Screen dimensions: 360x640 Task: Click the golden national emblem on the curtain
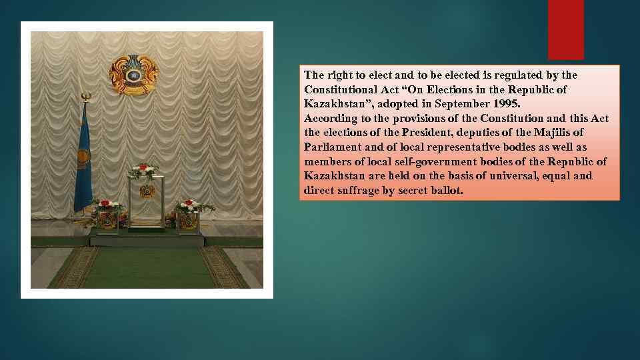[134, 75]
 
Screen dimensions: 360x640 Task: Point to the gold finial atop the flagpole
[85, 97]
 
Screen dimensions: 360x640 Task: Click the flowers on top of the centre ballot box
[144, 170]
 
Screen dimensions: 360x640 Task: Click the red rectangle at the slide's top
[565, 29]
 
